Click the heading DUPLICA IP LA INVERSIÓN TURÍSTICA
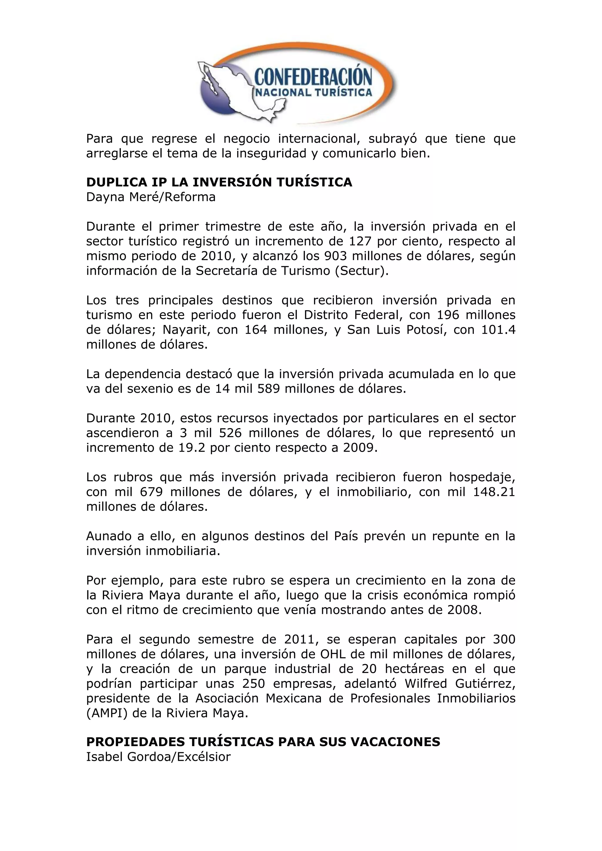coord(219,182)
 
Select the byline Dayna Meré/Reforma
coord(151,197)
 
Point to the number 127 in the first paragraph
coord(360,241)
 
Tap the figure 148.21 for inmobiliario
coord(494,492)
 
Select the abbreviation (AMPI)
coord(107,713)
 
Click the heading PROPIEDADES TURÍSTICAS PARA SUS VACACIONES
coord(263,742)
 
